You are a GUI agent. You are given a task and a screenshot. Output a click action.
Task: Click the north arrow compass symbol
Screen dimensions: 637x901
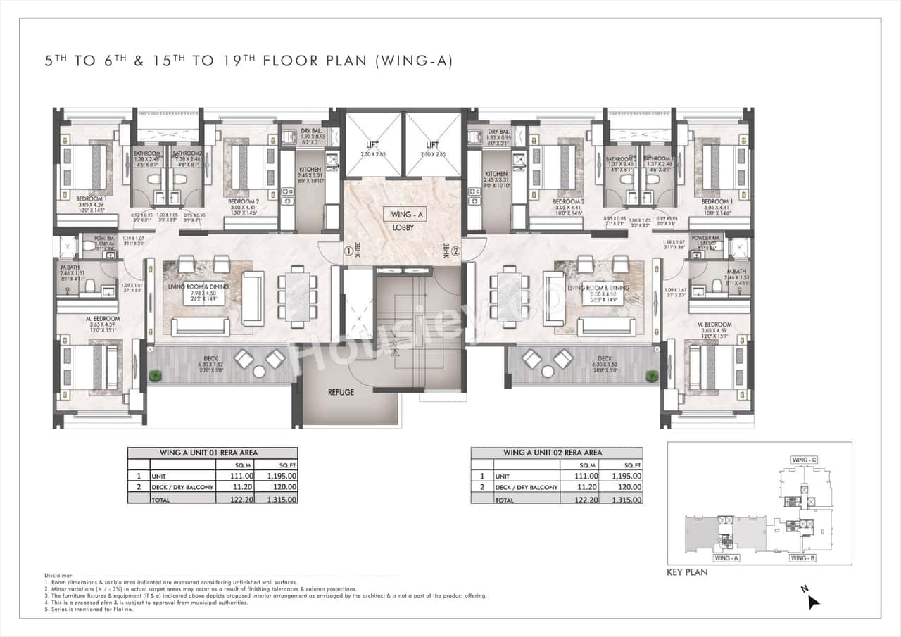tap(814, 600)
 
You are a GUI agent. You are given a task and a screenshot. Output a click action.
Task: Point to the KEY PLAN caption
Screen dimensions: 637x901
tap(687, 572)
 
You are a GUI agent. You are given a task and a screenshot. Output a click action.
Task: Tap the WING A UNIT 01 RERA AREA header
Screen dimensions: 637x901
tap(212, 453)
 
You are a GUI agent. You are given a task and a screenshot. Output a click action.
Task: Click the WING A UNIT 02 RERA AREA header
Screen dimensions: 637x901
tap(556, 453)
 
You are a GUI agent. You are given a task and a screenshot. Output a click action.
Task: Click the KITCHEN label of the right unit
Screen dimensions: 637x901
tap(496, 174)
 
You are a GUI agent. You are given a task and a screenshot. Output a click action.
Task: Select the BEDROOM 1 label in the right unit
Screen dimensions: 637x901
tap(717, 201)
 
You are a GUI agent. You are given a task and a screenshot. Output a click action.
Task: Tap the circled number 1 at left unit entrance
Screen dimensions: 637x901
tap(347, 250)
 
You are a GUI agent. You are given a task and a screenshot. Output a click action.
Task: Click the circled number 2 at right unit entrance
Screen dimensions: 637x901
tap(455, 250)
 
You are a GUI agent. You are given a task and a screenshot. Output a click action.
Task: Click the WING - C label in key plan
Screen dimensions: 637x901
tap(804, 460)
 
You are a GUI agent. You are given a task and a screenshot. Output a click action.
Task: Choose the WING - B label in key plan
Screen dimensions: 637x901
tap(802, 558)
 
